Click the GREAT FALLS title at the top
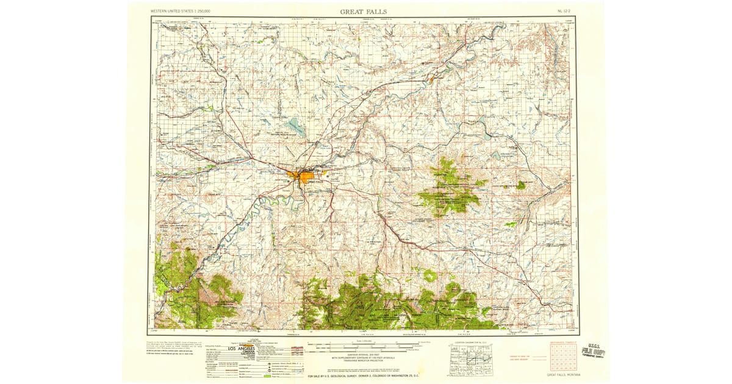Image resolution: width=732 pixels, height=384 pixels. click(x=363, y=12)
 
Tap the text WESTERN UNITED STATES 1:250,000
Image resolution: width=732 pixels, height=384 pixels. click(x=181, y=12)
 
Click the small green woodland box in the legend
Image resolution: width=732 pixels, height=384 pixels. click(x=267, y=376)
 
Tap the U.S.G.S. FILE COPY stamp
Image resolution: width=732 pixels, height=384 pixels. click(x=593, y=351)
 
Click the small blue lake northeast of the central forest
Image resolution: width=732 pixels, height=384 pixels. click(x=496, y=155)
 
